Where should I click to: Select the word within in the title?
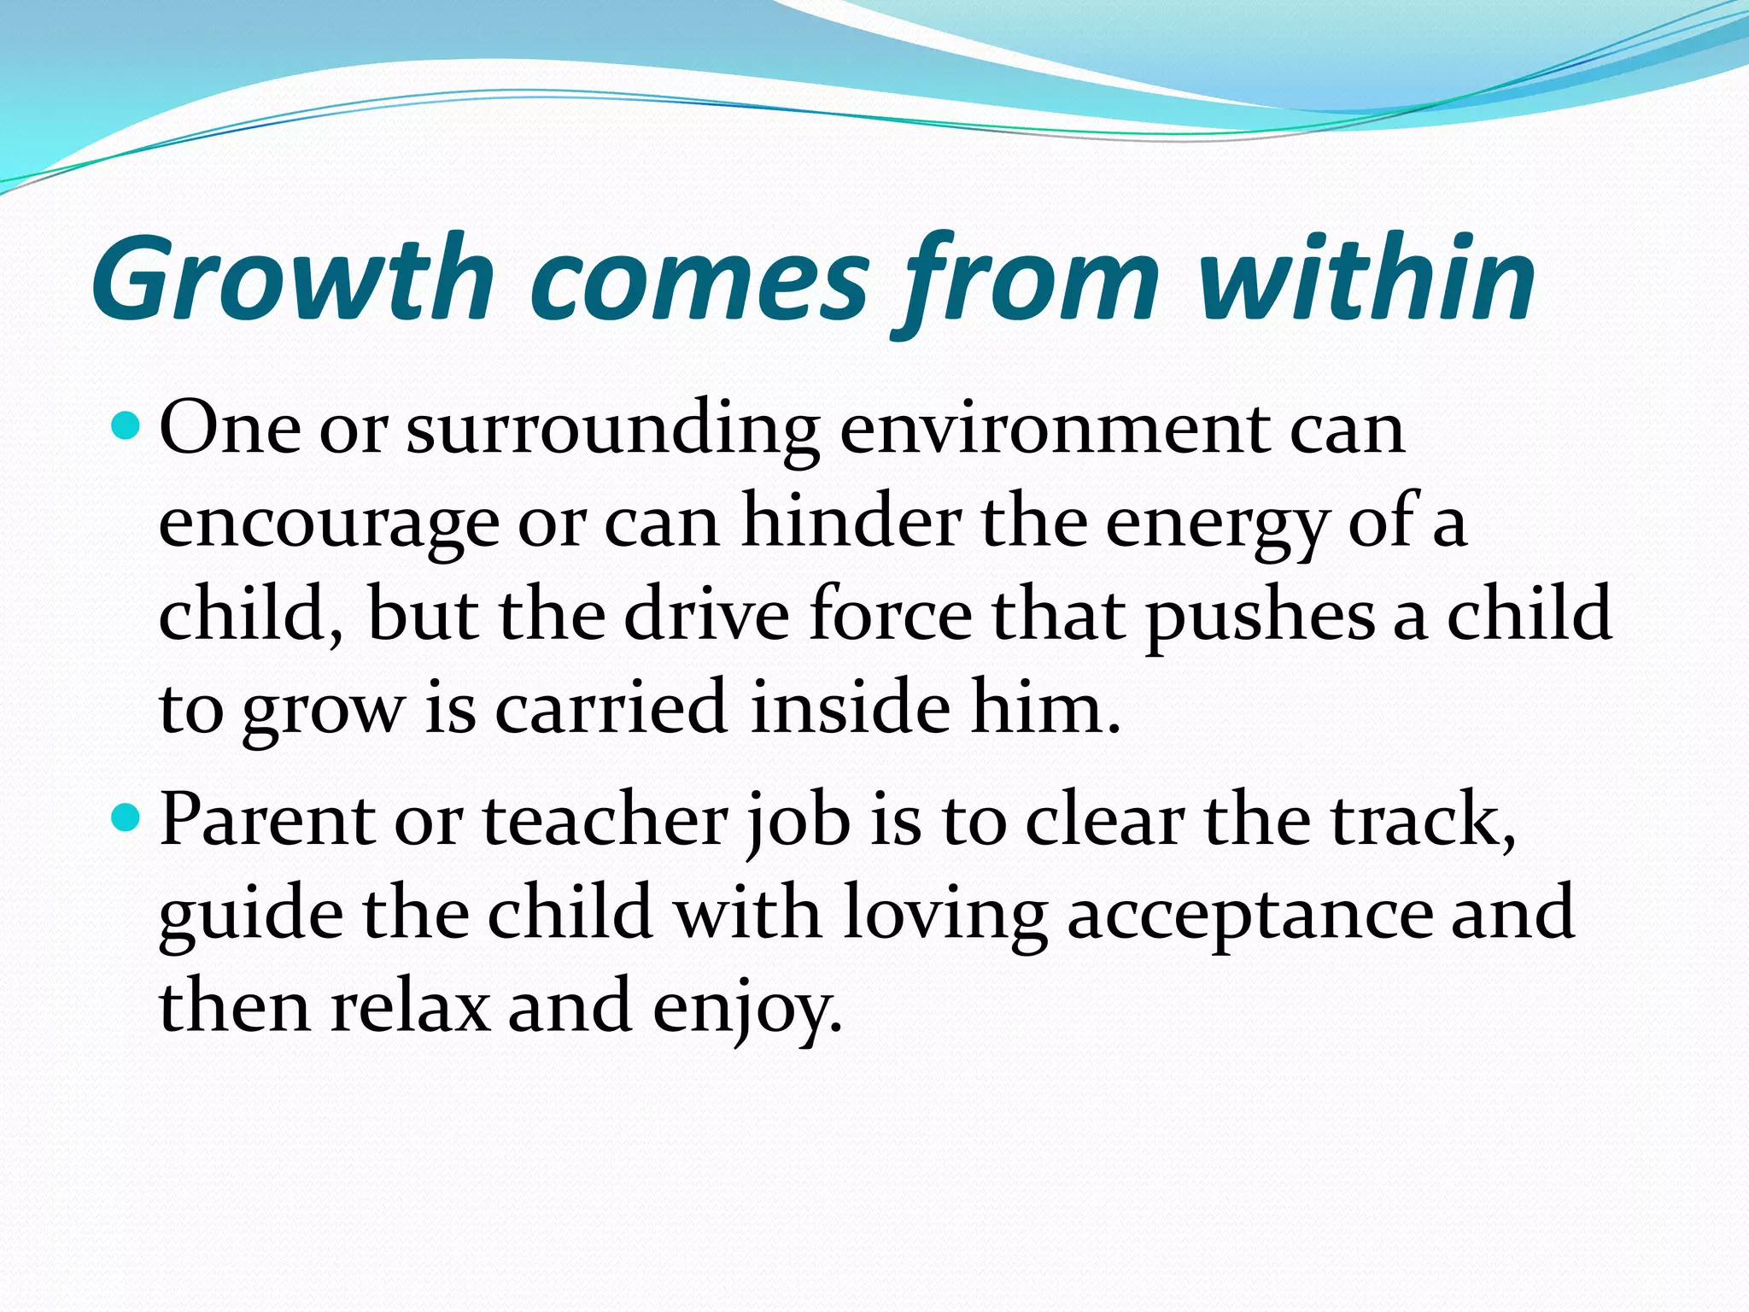pyautogui.click(x=1366, y=278)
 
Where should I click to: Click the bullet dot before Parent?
pyautogui.click(x=126, y=818)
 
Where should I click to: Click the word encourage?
pyautogui.click(x=329, y=523)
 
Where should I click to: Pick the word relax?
pyautogui.click(x=410, y=1006)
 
